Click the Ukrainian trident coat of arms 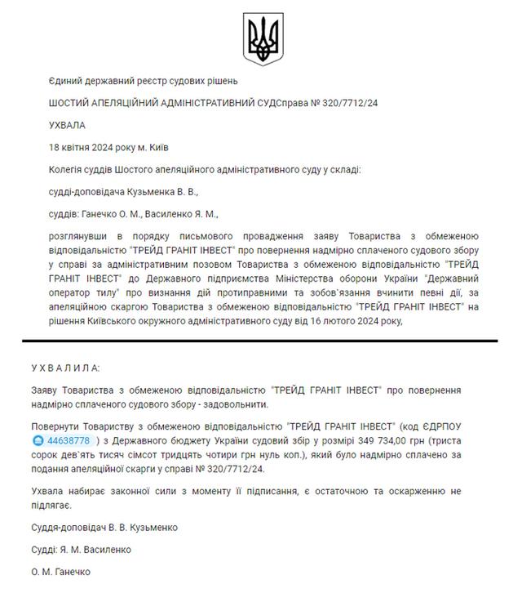(x=261, y=38)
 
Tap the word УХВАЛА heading (x=67, y=125)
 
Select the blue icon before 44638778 (x=55, y=441)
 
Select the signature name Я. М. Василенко (x=105, y=550)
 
